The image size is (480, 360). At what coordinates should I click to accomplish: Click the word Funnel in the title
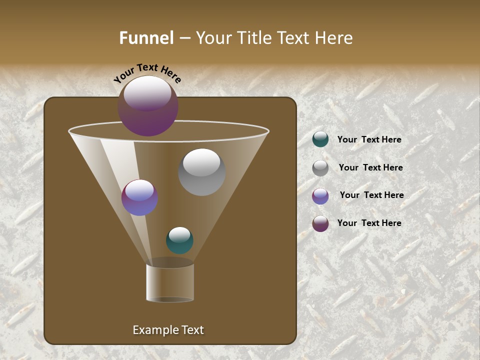click(x=146, y=38)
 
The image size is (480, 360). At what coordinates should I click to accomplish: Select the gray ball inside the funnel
click(x=201, y=172)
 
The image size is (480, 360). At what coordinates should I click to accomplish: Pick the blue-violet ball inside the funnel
click(x=140, y=198)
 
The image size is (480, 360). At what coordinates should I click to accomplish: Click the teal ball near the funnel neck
click(x=179, y=240)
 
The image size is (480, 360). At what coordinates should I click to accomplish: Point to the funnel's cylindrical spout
click(x=170, y=282)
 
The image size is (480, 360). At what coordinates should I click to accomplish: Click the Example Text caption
click(x=168, y=330)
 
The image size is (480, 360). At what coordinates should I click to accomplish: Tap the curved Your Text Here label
click(x=147, y=73)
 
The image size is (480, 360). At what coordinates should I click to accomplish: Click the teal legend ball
click(x=320, y=139)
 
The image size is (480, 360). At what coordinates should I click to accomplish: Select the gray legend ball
click(x=320, y=168)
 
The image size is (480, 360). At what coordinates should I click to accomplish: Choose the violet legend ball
click(x=320, y=196)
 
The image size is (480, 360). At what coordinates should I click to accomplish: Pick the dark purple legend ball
click(x=320, y=223)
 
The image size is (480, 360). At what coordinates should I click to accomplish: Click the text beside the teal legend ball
click(x=369, y=140)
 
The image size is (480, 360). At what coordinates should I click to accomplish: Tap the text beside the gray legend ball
click(x=370, y=168)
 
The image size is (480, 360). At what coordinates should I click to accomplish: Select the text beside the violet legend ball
click(x=371, y=195)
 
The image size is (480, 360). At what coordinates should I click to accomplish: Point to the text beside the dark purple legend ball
click(x=369, y=223)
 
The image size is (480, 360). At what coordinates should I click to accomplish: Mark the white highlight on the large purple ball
click(x=147, y=93)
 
